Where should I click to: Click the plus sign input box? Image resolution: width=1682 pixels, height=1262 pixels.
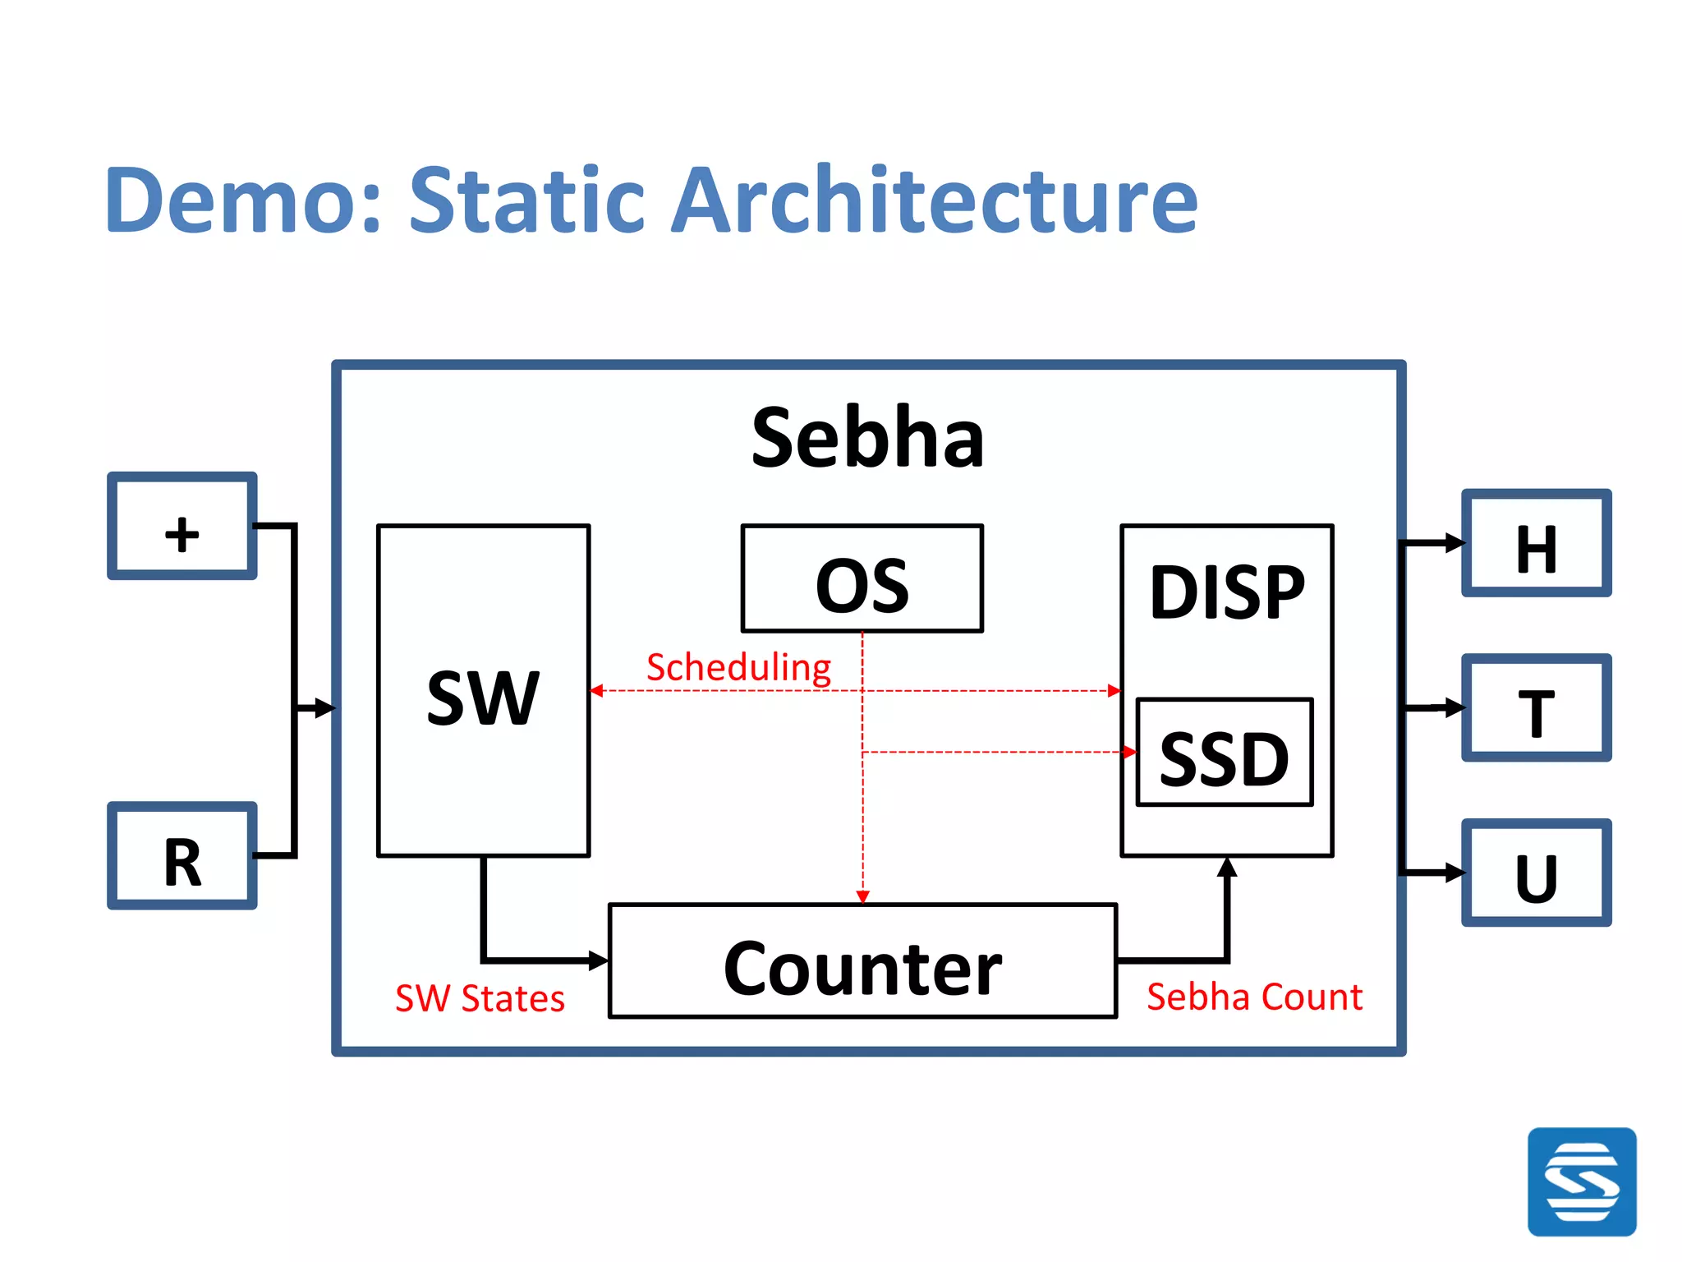[182, 526]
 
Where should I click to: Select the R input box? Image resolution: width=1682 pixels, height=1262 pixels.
[182, 855]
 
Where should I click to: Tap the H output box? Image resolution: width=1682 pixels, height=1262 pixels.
[1536, 543]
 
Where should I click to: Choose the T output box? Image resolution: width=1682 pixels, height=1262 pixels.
[1536, 707]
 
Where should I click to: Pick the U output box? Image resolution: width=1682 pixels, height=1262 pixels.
[1536, 873]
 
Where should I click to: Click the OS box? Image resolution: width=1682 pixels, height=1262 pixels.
[862, 578]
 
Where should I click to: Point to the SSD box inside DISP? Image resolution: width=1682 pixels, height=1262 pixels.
[1224, 753]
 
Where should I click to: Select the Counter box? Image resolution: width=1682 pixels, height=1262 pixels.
[862, 961]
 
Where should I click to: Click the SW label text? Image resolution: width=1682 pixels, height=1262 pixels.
[483, 698]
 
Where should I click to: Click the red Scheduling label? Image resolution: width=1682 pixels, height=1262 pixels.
[738, 667]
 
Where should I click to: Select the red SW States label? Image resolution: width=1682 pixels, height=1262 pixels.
[480, 998]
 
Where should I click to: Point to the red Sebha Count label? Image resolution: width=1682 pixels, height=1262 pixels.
[1254, 997]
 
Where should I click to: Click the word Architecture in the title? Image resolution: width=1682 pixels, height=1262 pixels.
[934, 200]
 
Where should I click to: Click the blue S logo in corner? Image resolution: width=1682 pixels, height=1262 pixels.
[1581, 1181]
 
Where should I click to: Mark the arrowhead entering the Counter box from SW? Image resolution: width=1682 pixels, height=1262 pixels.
[600, 959]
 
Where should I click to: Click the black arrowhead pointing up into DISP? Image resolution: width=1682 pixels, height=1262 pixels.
[1227, 867]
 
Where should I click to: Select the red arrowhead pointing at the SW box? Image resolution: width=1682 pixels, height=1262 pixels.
[597, 691]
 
